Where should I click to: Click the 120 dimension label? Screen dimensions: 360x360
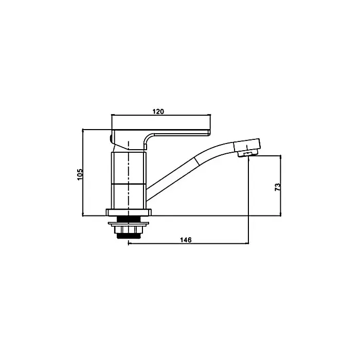[x=158, y=112]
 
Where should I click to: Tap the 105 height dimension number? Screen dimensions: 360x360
[x=80, y=175]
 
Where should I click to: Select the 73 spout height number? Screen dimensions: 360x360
[x=278, y=187]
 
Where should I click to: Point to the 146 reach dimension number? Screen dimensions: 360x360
[x=186, y=240]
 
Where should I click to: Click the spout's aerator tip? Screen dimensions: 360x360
[x=247, y=154]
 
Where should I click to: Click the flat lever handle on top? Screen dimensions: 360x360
[x=160, y=133]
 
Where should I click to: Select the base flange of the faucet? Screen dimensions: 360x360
[x=129, y=212]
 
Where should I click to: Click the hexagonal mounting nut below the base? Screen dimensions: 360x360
[x=129, y=229]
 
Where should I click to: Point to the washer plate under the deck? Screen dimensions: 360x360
[x=129, y=223]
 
